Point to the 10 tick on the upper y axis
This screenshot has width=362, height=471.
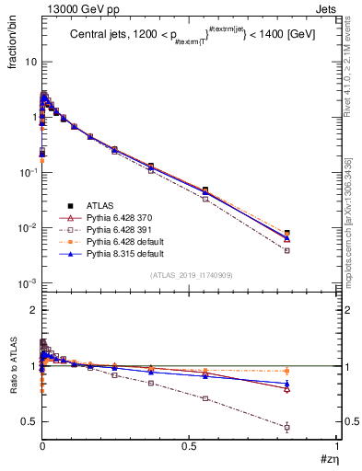(x=30, y=62)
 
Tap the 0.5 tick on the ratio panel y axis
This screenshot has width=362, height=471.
(x=30, y=421)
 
